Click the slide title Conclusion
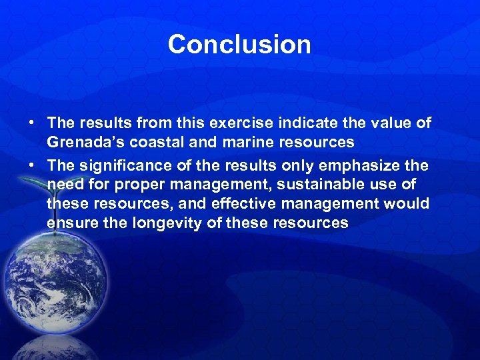pyautogui.click(x=239, y=45)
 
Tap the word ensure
pyautogui.click(x=69, y=223)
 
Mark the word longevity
pyautogui.click(x=169, y=223)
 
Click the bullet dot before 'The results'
pyautogui.click(x=31, y=124)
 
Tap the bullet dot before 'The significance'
pyautogui.click(x=31, y=165)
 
